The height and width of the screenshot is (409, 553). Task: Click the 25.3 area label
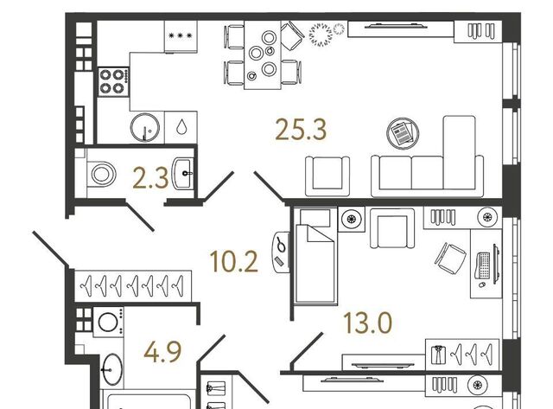(x=301, y=130)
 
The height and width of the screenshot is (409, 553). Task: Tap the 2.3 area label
(x=150, y=178)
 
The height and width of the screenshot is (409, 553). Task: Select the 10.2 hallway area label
(x=234, y=261)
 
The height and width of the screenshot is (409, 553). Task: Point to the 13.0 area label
(x=367, y=323)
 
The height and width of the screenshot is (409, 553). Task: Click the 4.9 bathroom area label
(x=162, y=351)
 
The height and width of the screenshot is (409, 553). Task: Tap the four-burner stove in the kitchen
(x=113, y=82)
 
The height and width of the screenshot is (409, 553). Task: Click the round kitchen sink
(x=145, y=127)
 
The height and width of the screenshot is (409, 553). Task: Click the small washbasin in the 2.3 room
(x=183, y=173)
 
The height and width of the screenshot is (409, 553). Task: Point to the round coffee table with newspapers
(x=403, y=133)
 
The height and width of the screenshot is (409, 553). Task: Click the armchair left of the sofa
(x=327, y=176)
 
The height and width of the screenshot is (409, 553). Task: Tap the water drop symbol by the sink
(x=181, y=127)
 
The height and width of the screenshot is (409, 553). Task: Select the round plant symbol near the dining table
(x=321, y=35)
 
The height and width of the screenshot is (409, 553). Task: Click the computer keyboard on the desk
(x=484, y=265)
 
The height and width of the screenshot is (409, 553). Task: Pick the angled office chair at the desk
(x=450, y=258)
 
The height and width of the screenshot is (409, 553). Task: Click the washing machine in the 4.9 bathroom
(x=108, y=322)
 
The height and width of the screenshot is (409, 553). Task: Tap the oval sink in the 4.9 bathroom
(x=112, y=370)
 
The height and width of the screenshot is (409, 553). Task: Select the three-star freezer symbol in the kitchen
(x=181, y=35)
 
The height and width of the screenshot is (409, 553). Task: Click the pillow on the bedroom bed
(x=315, y=218)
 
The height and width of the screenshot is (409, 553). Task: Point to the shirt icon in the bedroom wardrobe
(x=438, y=355)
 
